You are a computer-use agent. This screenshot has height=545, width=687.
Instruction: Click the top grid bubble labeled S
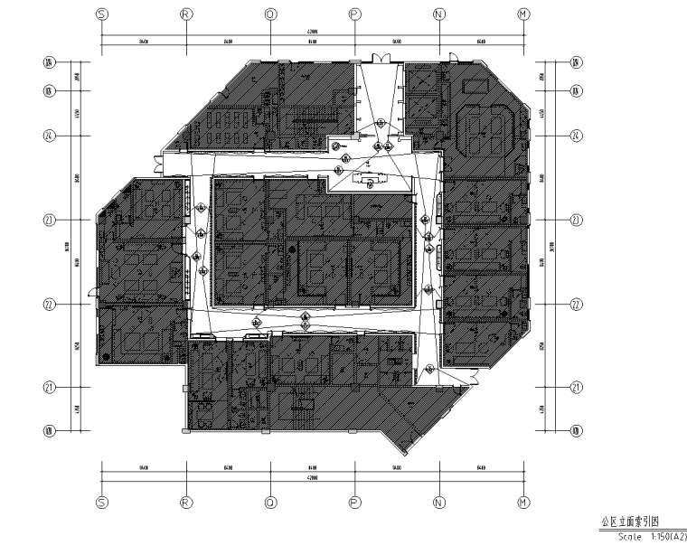click(x=101, y=14)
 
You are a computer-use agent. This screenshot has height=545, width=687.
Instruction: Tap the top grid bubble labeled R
click(x=185, y=14)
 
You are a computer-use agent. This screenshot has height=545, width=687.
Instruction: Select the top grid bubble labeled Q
click(x=269, y=14)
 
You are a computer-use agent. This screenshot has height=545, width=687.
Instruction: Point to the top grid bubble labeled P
click(x=354, y=14)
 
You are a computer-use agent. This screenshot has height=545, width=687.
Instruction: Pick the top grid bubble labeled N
click(x=438, y=14)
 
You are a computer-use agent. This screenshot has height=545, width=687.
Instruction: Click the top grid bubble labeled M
click(x=522, y=14)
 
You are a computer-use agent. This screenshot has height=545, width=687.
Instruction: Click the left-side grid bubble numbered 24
click(x=50, y=136)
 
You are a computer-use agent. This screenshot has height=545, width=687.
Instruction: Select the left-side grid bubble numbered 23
click(x=50, y=220)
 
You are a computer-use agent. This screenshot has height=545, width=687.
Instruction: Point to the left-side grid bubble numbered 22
click(x=50, y=305)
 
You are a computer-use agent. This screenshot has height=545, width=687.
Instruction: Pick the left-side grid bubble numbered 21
click(x=50, y=389)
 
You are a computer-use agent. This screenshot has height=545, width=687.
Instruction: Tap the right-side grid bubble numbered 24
click(x=575, y=136)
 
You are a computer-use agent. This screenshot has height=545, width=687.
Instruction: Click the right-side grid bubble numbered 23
click(x=575, y=220)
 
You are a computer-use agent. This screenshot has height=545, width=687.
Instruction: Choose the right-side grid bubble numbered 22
click(x=575, y=305)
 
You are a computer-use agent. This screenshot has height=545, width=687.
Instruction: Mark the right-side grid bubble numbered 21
click(x=575, y=389)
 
